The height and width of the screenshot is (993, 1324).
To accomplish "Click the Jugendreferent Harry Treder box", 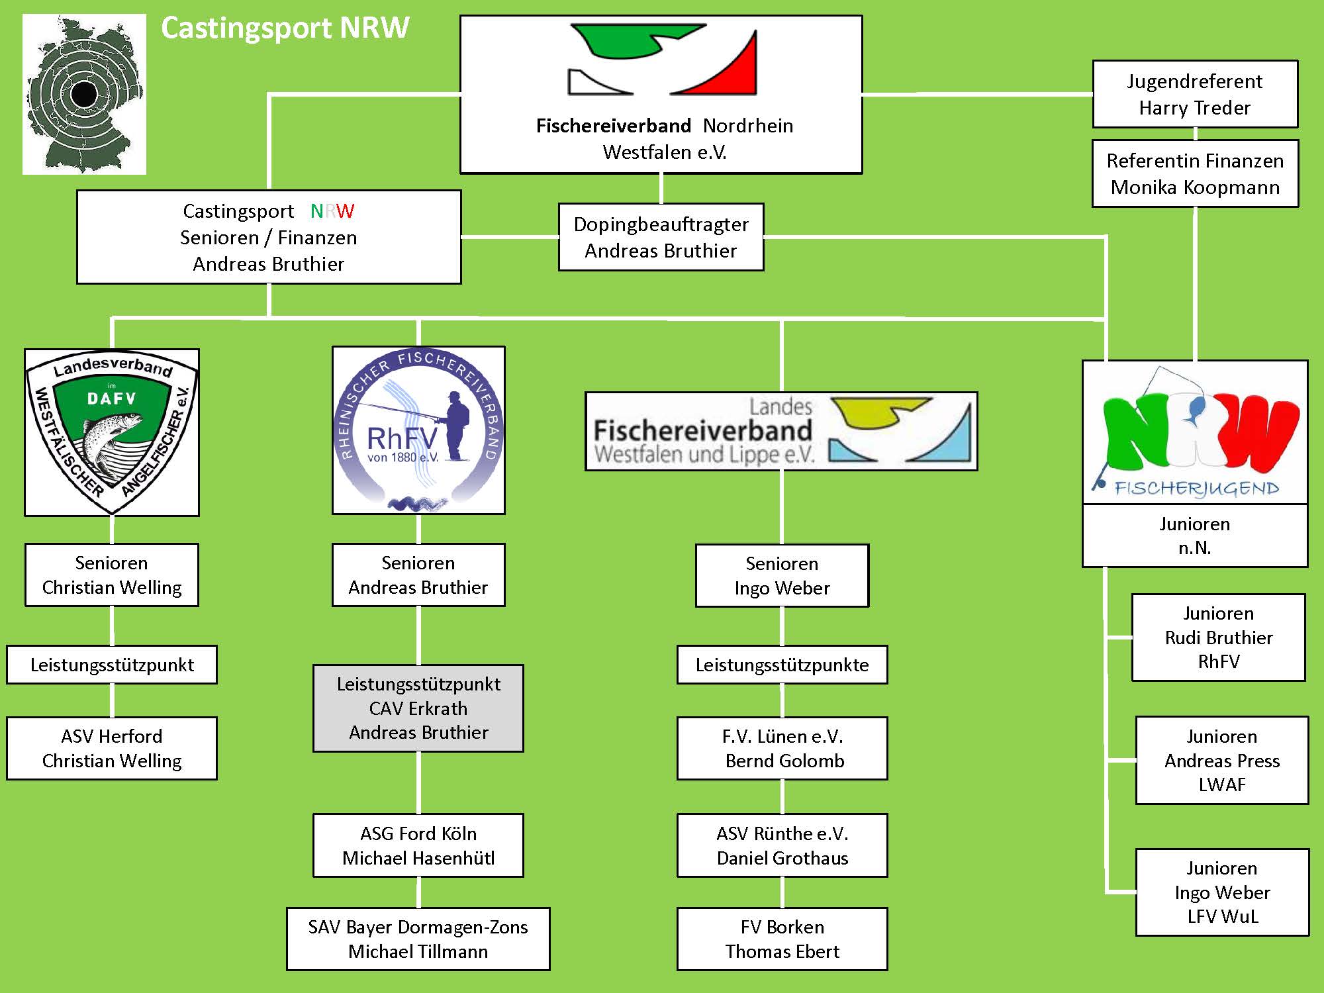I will point(1195,94).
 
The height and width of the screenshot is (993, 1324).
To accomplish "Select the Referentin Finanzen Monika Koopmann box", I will point(1195,173).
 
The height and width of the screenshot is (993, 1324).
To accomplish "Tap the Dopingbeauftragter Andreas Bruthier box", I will point(661,237).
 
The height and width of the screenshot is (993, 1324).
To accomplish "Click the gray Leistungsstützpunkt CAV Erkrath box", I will point(418,708).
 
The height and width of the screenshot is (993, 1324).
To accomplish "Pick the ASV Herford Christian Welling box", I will point(112,748).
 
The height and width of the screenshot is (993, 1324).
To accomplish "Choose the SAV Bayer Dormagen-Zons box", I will point(418,939).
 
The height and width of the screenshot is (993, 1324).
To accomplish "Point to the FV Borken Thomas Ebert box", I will point(782,939).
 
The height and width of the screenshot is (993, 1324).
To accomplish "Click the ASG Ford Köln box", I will point(418,845).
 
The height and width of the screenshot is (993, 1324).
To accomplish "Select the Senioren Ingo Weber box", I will point(782,575).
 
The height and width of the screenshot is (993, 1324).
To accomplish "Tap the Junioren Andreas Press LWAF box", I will point(1222,760).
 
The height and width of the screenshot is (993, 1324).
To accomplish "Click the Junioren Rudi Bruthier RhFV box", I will point(1219,637).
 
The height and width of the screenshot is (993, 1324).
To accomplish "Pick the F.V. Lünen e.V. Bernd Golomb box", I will point(782,748).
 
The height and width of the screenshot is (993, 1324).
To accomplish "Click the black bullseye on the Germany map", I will point(84,94).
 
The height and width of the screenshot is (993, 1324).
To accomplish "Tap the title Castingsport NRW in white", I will point(285,28).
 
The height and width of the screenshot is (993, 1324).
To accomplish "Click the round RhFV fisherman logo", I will point(418,430).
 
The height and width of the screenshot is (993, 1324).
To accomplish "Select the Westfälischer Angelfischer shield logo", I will point(112,432).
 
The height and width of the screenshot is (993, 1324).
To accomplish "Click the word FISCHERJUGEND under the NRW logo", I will point(1197,489).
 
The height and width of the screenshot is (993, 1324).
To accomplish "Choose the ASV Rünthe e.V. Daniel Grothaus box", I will point(782,845).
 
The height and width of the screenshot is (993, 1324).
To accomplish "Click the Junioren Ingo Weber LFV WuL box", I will point(1222,892).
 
